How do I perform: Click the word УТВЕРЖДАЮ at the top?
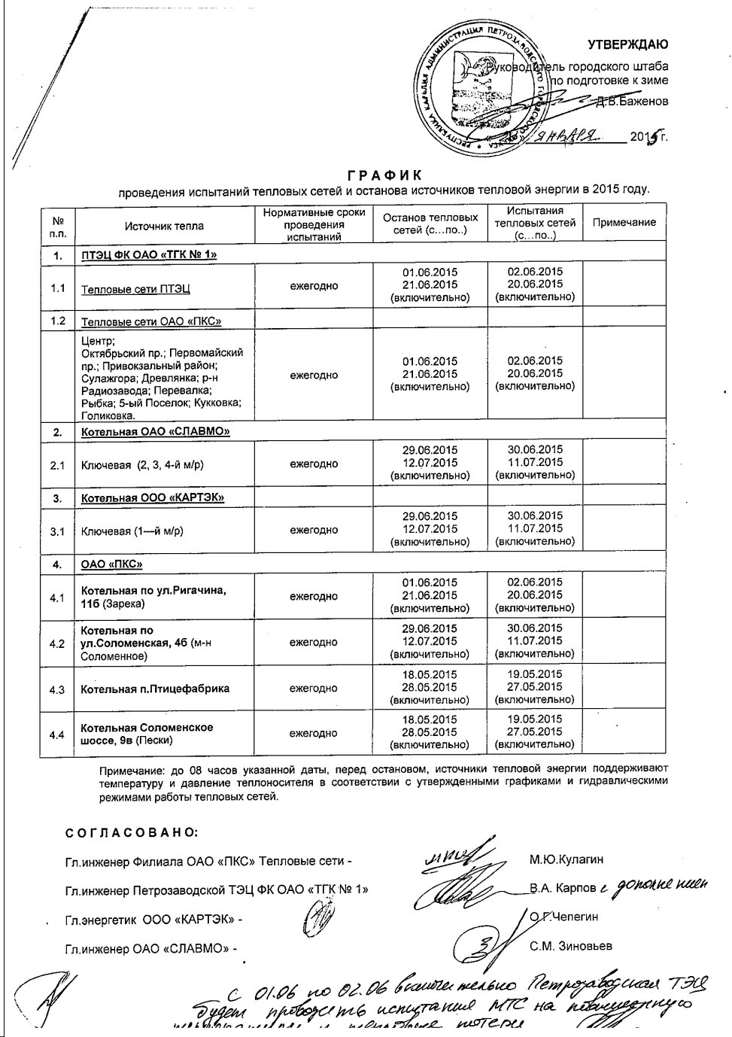point(627,44)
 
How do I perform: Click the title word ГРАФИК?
point(385,175)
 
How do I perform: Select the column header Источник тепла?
point(164,225)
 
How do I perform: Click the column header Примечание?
point(624,223)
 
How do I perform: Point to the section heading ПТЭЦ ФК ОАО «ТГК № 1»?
point(149,254)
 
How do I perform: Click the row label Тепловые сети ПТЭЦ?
point(135,289)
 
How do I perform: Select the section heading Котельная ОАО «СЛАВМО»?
point(155,432)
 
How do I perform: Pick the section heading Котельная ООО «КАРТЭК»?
point(153,497)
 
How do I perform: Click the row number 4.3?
point(57,689)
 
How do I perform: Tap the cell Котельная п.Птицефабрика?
point(155,689)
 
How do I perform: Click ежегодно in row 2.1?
point(314,464)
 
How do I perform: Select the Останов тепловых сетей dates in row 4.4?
point(430,732)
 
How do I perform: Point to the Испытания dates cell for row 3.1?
point(535,528)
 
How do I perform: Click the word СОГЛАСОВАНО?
point(132,833)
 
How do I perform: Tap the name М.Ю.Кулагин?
point(566,859)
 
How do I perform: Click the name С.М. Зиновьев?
point(570,946)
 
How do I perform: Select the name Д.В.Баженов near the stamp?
point(630,101)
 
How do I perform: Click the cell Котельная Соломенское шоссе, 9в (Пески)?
point(147,734)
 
